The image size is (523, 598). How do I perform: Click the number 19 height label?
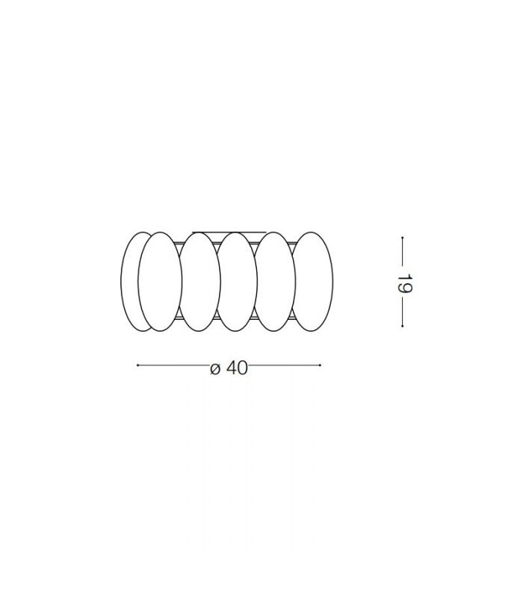point(404,283)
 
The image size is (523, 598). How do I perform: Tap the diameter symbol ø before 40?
point(215,369)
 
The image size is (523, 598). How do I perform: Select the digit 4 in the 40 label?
point(232,368)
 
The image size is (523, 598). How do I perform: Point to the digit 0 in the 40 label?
point(242,368)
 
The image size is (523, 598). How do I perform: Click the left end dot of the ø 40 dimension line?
point(137,366)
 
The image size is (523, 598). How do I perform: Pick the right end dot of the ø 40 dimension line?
point(320,366)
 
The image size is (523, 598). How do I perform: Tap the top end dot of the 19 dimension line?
point(403,238)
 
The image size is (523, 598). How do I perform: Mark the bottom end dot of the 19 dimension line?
point(403,326)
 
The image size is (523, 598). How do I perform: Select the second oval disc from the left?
point(160,282)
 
